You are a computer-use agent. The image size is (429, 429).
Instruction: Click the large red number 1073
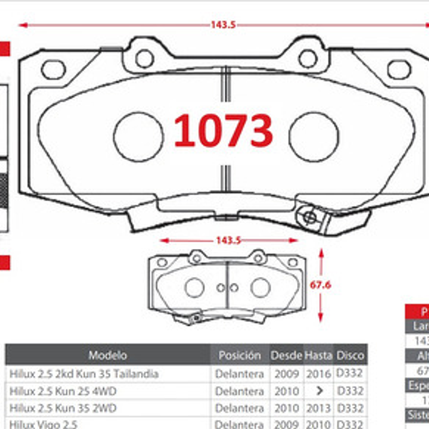[x=223, y=131]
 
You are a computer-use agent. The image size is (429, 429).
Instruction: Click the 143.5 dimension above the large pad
[x=223, y=25]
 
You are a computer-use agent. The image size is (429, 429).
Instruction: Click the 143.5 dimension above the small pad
[x=228, y=240]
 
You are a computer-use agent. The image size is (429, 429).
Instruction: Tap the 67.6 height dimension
[x=320, y=285]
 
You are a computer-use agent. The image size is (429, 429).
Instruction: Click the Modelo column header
[x=108, y=355]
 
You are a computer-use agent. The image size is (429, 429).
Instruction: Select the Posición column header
[x=239, y=355]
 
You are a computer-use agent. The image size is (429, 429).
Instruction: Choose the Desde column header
[x=286, y=355]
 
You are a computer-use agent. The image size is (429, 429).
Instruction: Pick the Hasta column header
[x=318, y=355]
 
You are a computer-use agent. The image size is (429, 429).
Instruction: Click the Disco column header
[x=350, y=355]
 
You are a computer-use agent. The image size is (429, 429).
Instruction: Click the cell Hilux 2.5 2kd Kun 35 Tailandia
[x=84, y=374]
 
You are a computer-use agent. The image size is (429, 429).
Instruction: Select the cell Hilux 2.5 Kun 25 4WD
[x=63, y=391]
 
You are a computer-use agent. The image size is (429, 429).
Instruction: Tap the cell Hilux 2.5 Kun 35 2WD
[x=63, y=408]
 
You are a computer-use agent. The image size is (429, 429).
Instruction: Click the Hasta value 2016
[x=318, y=374]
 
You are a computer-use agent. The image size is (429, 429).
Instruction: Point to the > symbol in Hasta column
[x=319, y=391]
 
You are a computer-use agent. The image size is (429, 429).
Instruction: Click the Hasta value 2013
[x=318, y=408]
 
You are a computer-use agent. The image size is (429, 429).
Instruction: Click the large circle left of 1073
[x=138, y=137]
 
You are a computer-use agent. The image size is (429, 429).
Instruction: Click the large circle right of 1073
[x=313, y=137]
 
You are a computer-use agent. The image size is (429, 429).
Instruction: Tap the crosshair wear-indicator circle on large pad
[x=310, y=217]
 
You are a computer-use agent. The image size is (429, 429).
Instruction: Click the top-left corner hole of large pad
[x=53, y=70]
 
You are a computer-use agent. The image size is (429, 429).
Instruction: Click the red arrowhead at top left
[x=23, y=25]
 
